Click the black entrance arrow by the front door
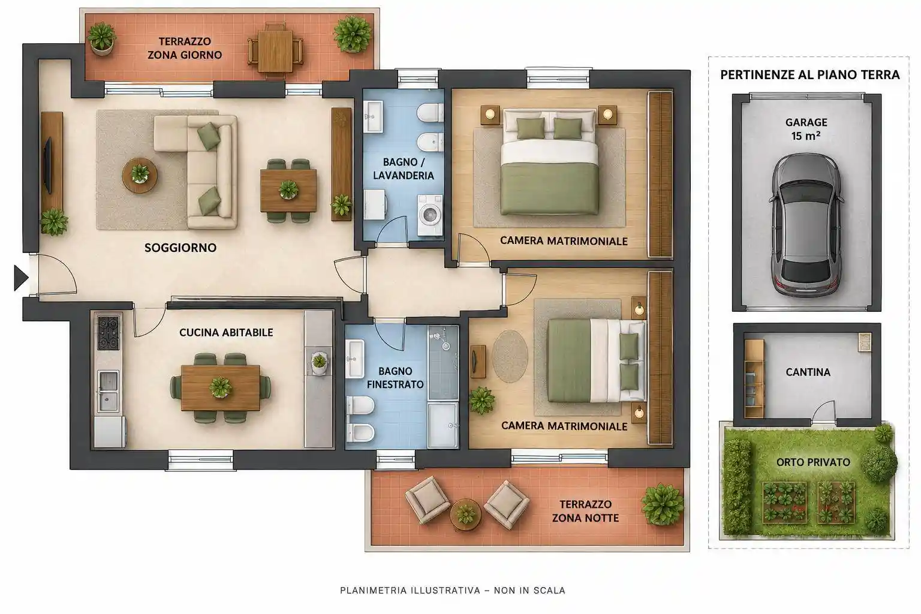(20, 278)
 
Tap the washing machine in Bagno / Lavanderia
(430, 215)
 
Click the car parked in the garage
(806, 225)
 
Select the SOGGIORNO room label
(180, 248)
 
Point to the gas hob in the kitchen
(109, 332)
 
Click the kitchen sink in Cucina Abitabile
(109, 391)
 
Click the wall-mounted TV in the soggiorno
(48, 165)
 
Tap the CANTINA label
(808, 372)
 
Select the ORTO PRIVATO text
(813, 462)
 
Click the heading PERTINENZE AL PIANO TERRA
(810, 75)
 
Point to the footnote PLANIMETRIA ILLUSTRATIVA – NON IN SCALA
(453, 591)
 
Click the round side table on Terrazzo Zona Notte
(465, 514)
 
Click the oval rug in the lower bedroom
(510, 356)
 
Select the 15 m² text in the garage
(806, 136)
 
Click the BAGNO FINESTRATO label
(395, 378)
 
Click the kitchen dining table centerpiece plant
(221, 387)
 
